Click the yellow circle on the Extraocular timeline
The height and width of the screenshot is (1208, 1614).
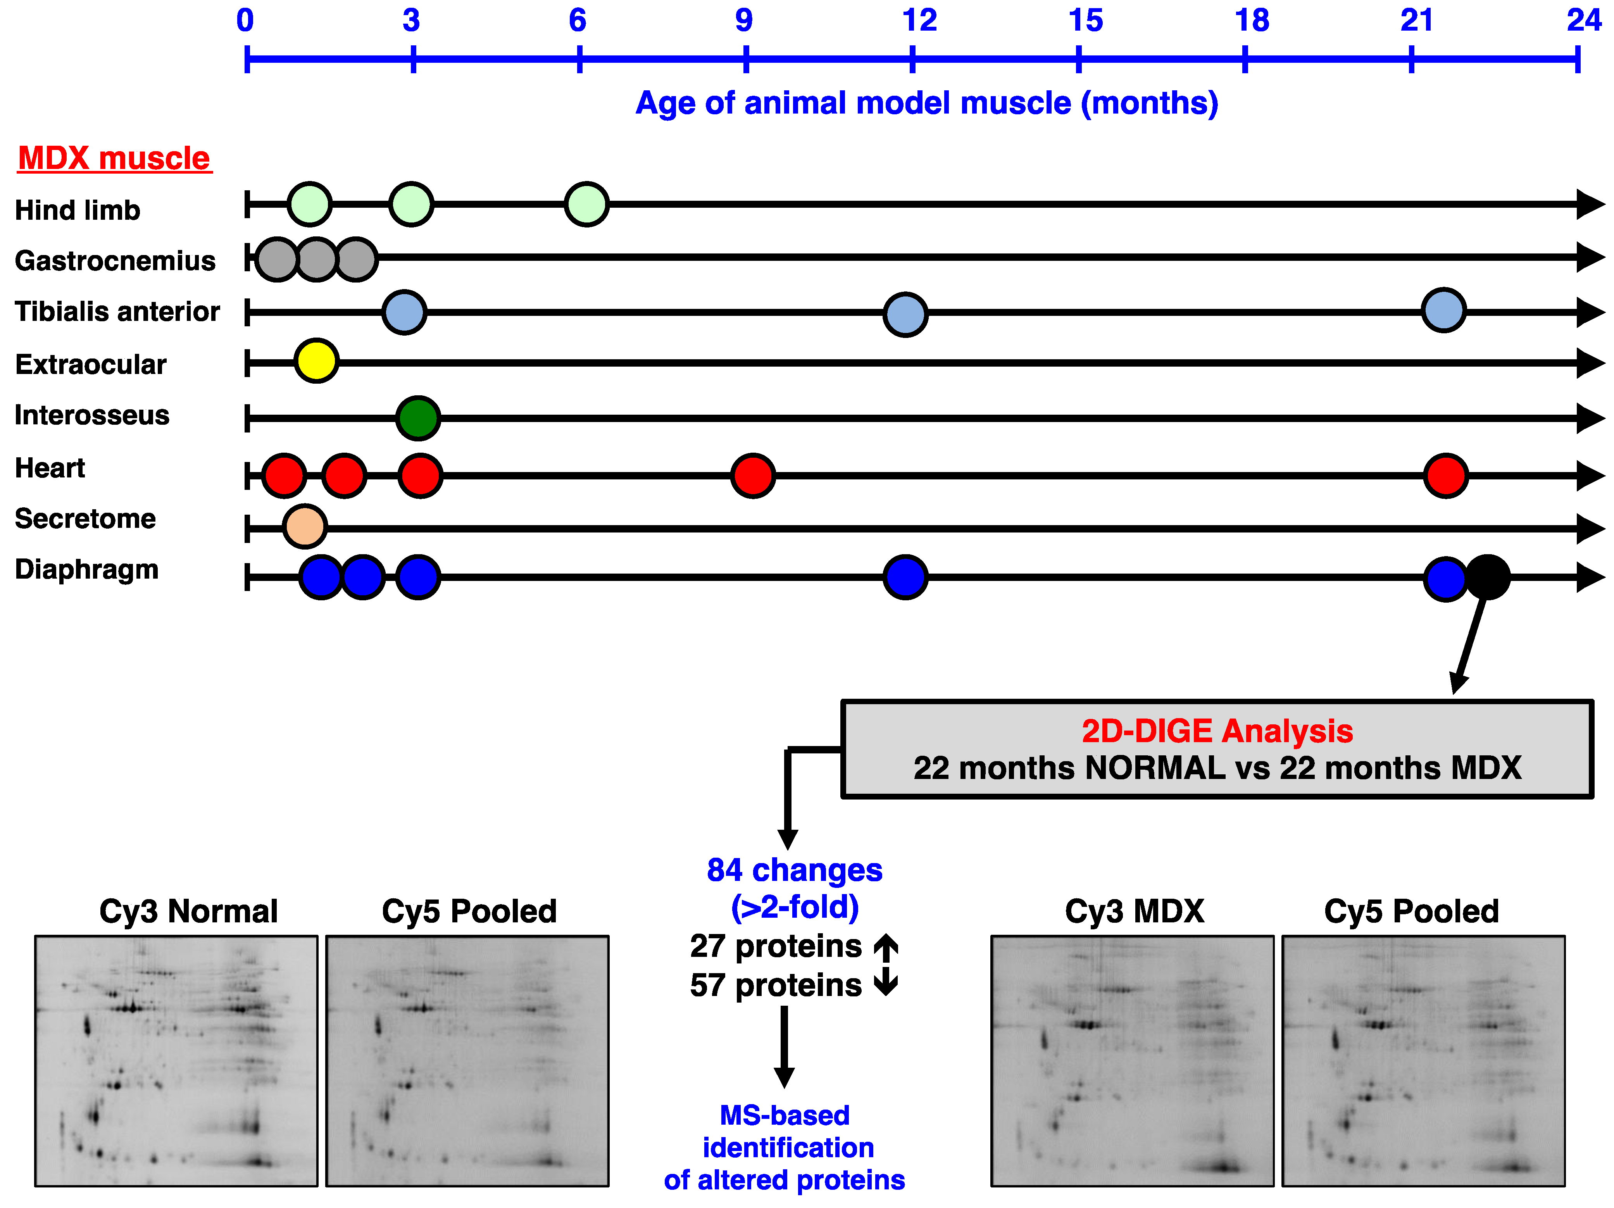316,360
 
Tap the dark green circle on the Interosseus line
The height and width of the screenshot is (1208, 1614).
418,418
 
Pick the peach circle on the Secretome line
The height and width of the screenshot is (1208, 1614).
305,526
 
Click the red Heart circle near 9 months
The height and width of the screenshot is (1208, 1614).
753,476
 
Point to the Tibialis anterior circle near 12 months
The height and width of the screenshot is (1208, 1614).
905,314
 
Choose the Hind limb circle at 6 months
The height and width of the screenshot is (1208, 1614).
586,204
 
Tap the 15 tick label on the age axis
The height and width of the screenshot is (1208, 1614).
1085,21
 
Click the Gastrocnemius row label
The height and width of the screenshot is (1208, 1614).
115,260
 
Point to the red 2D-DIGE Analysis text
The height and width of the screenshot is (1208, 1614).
1217,731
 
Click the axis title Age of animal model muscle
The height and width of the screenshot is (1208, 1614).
927,103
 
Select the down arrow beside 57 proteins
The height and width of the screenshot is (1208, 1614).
886,983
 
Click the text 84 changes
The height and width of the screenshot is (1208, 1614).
795,870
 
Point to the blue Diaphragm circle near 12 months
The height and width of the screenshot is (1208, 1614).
905,577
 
